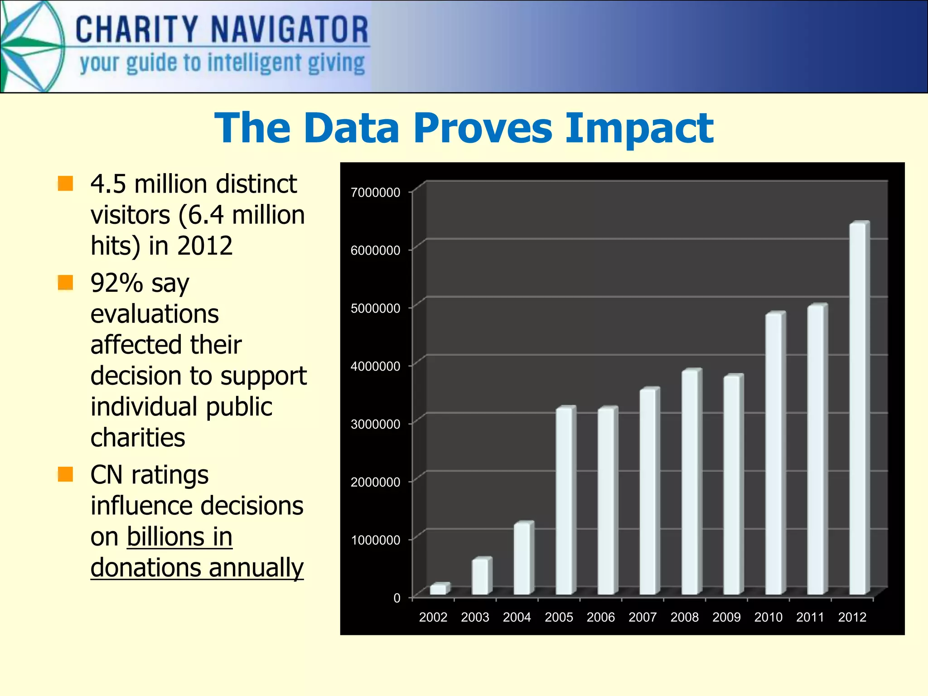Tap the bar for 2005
point(564,501)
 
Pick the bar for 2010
point(774,453)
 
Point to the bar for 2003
point(480,576)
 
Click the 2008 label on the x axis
point(684,617)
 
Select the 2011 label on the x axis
point(810,617)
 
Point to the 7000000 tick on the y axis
point(375,192)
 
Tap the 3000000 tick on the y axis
point(375,424)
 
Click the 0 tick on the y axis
point(397,598)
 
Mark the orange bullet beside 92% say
point(66,282)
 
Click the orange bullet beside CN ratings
point(66,474)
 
